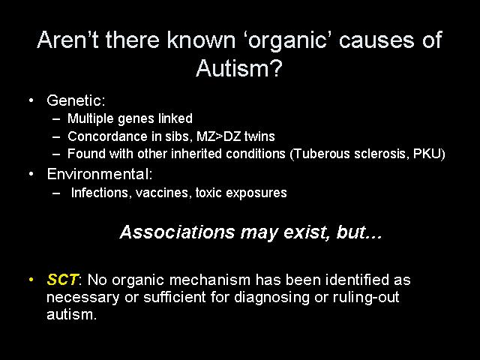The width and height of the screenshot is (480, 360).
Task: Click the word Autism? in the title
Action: click(x=238, y=68)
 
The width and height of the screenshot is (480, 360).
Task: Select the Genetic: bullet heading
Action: click(x=76, y=100)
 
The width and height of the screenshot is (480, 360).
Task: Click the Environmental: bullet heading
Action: click(x=100, y=174)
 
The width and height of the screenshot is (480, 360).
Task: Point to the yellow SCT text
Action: click(x=62, y=280)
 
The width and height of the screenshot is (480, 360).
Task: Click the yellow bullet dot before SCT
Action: click(x=31, y=280)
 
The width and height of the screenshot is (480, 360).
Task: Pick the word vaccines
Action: click(x=163, y=193)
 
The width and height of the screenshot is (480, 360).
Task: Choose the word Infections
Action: click(x=100, y=193)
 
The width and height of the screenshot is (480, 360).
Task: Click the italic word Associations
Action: click(x=178, y=232)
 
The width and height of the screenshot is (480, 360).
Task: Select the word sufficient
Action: click(x=175, y=297)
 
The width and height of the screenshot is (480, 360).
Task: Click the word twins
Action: click(x=260, y=136)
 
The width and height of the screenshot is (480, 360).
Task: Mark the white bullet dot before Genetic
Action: click(x=31, y=100)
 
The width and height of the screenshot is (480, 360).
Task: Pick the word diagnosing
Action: click(x=271, y=297)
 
